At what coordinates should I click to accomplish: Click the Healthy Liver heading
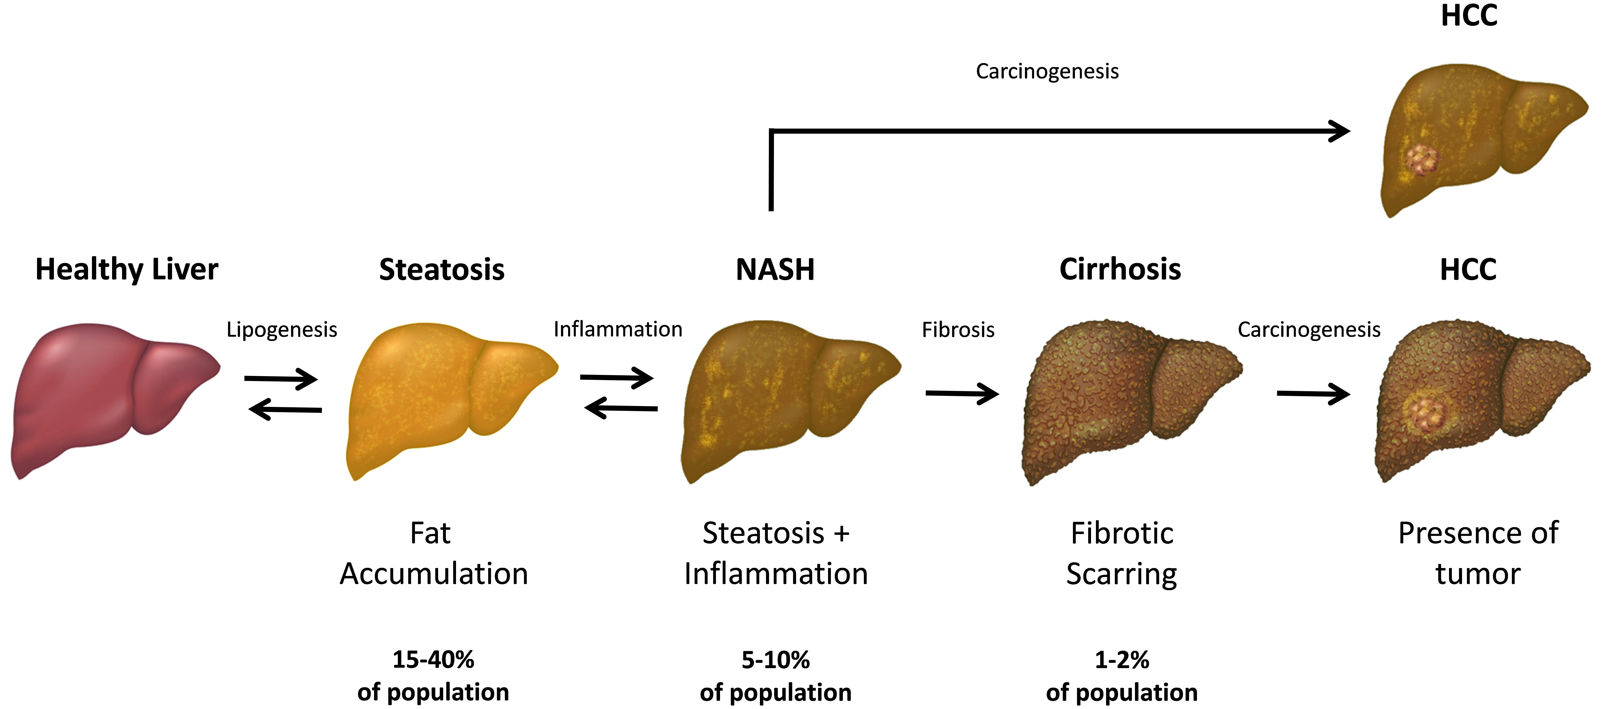tap(126, 270)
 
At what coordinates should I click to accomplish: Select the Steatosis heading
tap(441, 270)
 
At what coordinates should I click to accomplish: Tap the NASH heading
tap(775, 270)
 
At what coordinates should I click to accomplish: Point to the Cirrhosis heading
tap(1120, 270)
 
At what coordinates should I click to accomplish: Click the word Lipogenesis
tap(282, 329)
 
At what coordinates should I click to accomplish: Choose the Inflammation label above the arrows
tap(618, 329)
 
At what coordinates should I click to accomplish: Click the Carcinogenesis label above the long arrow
tap(1047, 71)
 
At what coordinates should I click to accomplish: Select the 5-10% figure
tap(775, 659)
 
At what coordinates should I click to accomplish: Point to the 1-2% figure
tap(1121, 659)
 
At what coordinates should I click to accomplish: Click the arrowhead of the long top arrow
tap(1339, 131)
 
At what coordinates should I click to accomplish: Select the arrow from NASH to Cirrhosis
tap(962, 393)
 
